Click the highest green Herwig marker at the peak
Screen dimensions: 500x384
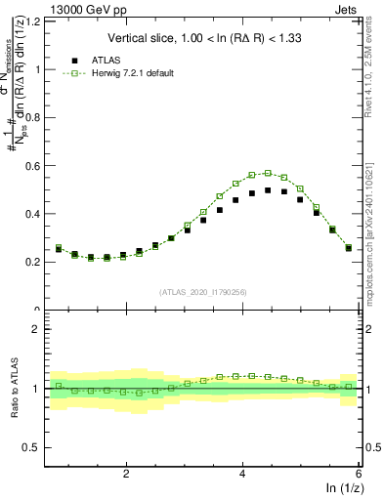pos(268,173)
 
